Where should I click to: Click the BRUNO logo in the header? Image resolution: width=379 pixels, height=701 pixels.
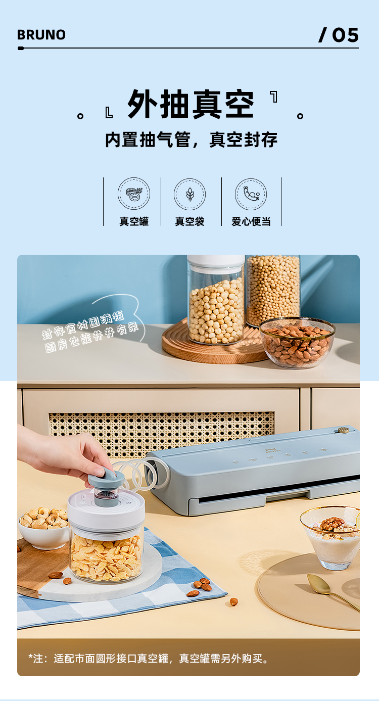(41, 35)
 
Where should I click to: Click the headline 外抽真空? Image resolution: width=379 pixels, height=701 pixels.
(191, 105)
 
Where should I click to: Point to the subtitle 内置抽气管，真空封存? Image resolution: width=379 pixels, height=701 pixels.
(191, 140)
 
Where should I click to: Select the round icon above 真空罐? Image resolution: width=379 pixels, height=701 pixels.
(134, 194)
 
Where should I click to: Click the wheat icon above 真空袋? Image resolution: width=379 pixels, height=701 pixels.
(190, 194)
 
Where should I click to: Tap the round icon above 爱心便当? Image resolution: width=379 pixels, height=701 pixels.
(251, 194)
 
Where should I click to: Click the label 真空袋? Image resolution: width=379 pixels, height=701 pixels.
(189, 221)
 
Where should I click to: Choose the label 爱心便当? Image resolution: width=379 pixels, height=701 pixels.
(251, 221)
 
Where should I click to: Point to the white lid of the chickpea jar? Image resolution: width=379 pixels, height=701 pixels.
(216, 261)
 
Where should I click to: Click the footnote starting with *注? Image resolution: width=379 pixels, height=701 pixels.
(149, 659)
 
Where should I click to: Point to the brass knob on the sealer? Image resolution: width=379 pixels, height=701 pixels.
(344, 430)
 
